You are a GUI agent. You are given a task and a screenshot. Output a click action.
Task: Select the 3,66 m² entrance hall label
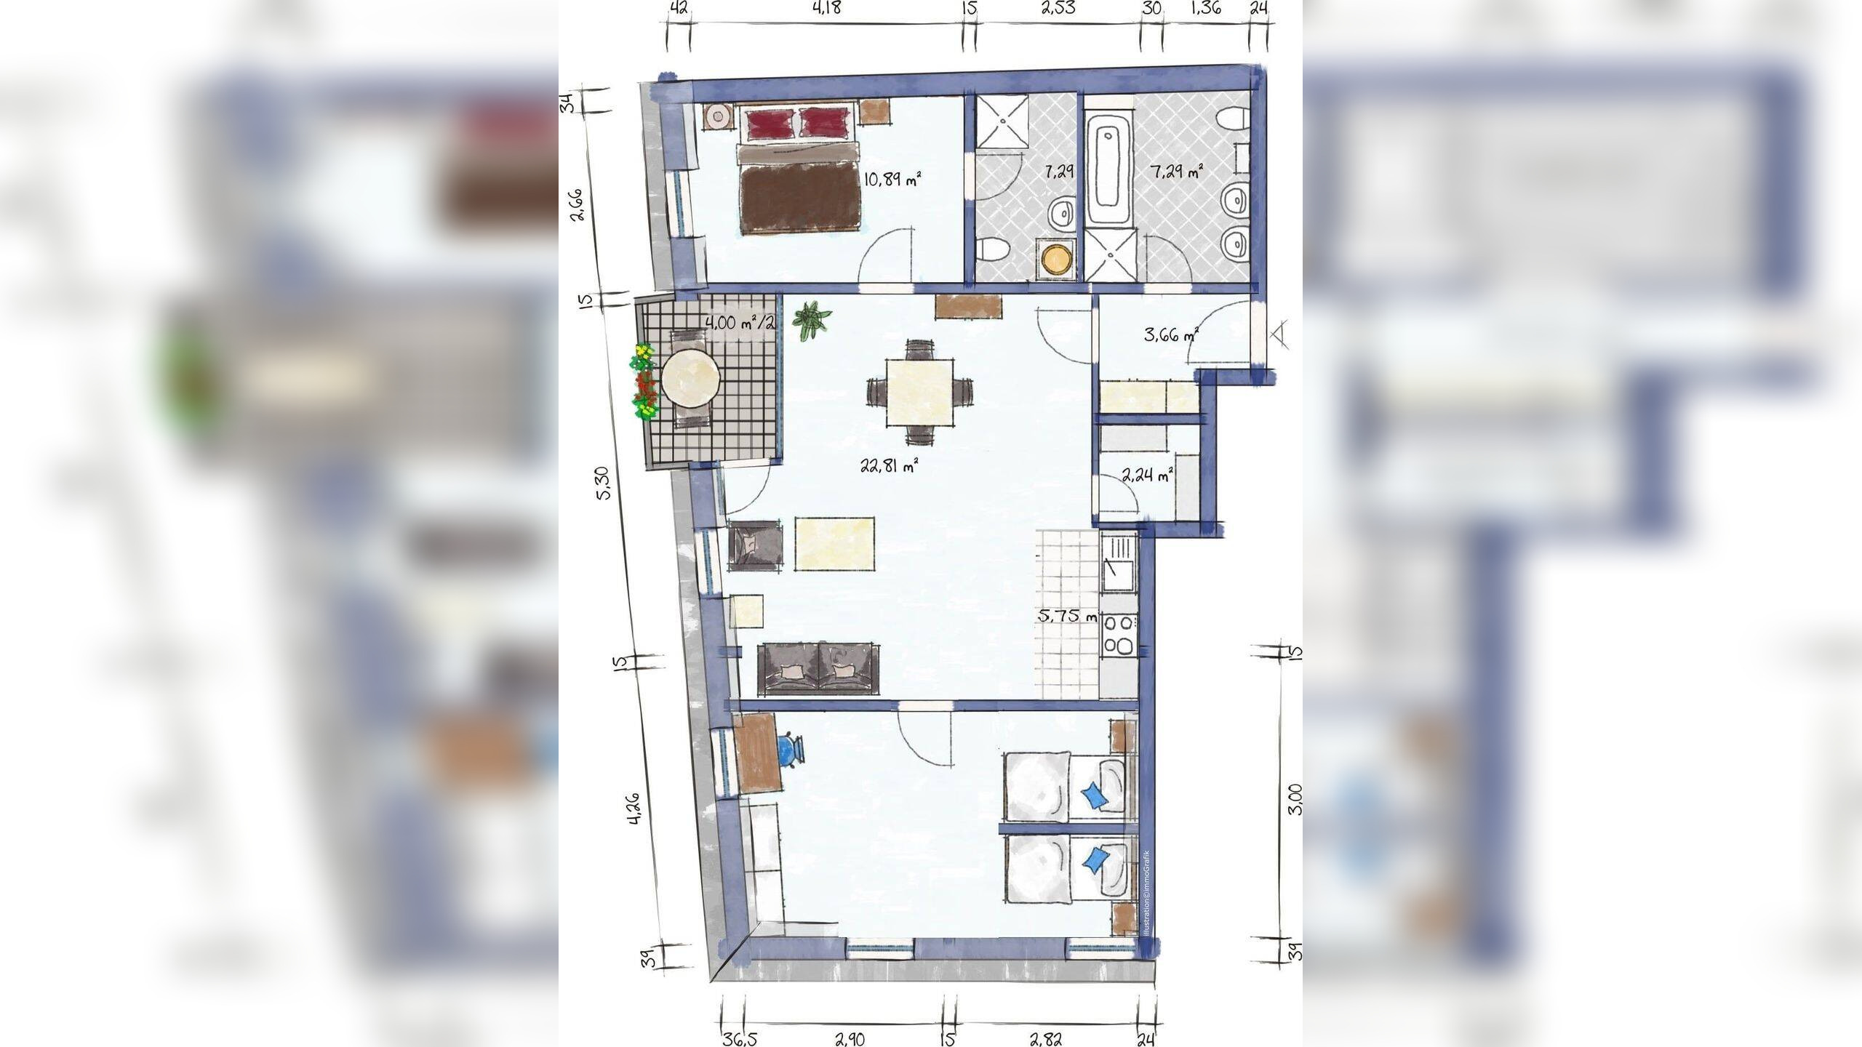[x=1170, y=335]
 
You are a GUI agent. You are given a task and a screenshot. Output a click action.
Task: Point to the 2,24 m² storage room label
[x=1148, y=476]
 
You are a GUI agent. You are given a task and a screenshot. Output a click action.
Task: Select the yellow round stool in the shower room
[x=1055, y=260]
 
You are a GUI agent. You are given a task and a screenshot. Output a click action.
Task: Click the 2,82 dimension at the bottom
[x=1045, y=1039]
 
